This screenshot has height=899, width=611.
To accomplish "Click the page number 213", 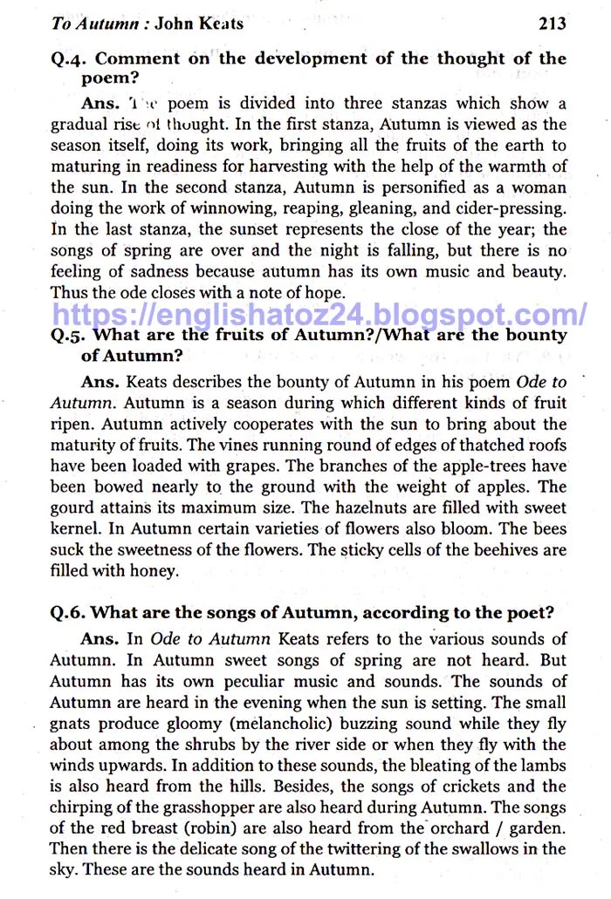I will point(552,24).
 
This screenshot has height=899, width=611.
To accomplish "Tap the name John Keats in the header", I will point(199,24).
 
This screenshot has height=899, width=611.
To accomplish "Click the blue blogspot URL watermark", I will point(319,313).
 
